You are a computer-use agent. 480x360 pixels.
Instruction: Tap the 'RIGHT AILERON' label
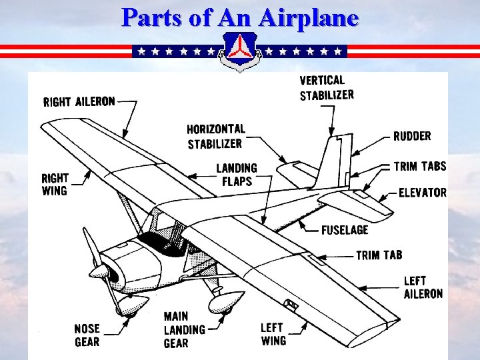click(x=79, y=102)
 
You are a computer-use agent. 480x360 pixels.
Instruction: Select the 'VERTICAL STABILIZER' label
click(x=327, y=88)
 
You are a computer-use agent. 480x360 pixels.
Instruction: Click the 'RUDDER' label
click(x=412, y=136)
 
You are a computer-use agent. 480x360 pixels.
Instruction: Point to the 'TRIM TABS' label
click(x=420, y=166)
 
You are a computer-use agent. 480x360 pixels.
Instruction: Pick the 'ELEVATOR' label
click(x=423, y=193)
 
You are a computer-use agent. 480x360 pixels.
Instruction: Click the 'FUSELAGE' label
click(x=344, y=230)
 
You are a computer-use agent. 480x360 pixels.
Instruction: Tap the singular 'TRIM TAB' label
click(x=379, y=255)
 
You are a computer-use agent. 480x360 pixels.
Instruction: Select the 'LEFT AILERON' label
click(x=423, y=287)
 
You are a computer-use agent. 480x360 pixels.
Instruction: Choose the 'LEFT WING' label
click(x=273, y=334)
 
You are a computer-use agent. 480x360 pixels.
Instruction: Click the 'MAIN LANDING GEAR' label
click(x=185, y=329)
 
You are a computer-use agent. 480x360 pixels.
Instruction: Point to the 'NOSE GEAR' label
click(x=87, y=335)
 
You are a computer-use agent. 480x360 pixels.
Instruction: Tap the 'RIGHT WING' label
click(x=55, y=185)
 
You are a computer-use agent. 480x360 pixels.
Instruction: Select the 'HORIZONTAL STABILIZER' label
click(x=215, y=136)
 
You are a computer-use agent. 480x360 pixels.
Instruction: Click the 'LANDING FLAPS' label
click(x=236, y=175)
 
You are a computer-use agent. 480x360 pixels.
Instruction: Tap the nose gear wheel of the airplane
click(x=123, y=306)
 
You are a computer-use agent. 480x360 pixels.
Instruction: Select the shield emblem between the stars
click(x=240, y=51)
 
